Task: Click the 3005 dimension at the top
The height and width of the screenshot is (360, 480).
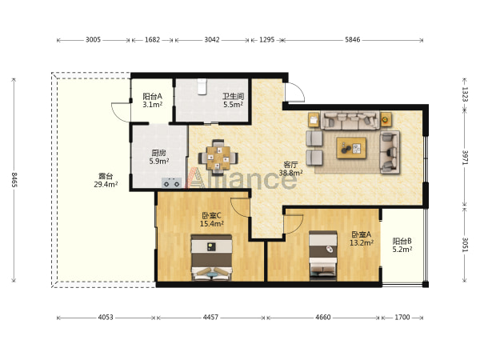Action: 93,40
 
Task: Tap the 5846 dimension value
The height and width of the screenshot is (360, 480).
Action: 352,40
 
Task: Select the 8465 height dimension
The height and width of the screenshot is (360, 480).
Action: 14,180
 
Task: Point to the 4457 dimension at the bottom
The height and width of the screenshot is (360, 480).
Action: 210,317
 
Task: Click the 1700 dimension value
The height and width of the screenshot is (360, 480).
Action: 402,317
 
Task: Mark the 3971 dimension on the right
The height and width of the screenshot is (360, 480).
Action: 465,158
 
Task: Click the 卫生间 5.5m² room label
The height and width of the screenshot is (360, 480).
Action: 234,101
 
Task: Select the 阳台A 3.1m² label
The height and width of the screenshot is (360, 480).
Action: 153,101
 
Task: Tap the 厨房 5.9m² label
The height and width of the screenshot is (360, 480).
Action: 159,157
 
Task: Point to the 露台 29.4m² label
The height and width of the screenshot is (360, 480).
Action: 106,180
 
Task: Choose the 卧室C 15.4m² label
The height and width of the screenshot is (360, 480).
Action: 211,219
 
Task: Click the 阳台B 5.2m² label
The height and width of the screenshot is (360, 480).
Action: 402,245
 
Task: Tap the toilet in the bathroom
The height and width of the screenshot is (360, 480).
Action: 202,86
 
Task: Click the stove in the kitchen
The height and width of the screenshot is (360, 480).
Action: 171,182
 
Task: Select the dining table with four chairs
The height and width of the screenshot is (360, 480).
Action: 218,158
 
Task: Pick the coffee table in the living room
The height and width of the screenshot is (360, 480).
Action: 351,148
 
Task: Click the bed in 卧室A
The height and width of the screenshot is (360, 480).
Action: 323,256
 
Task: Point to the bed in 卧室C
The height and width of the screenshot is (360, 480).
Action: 211,258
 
